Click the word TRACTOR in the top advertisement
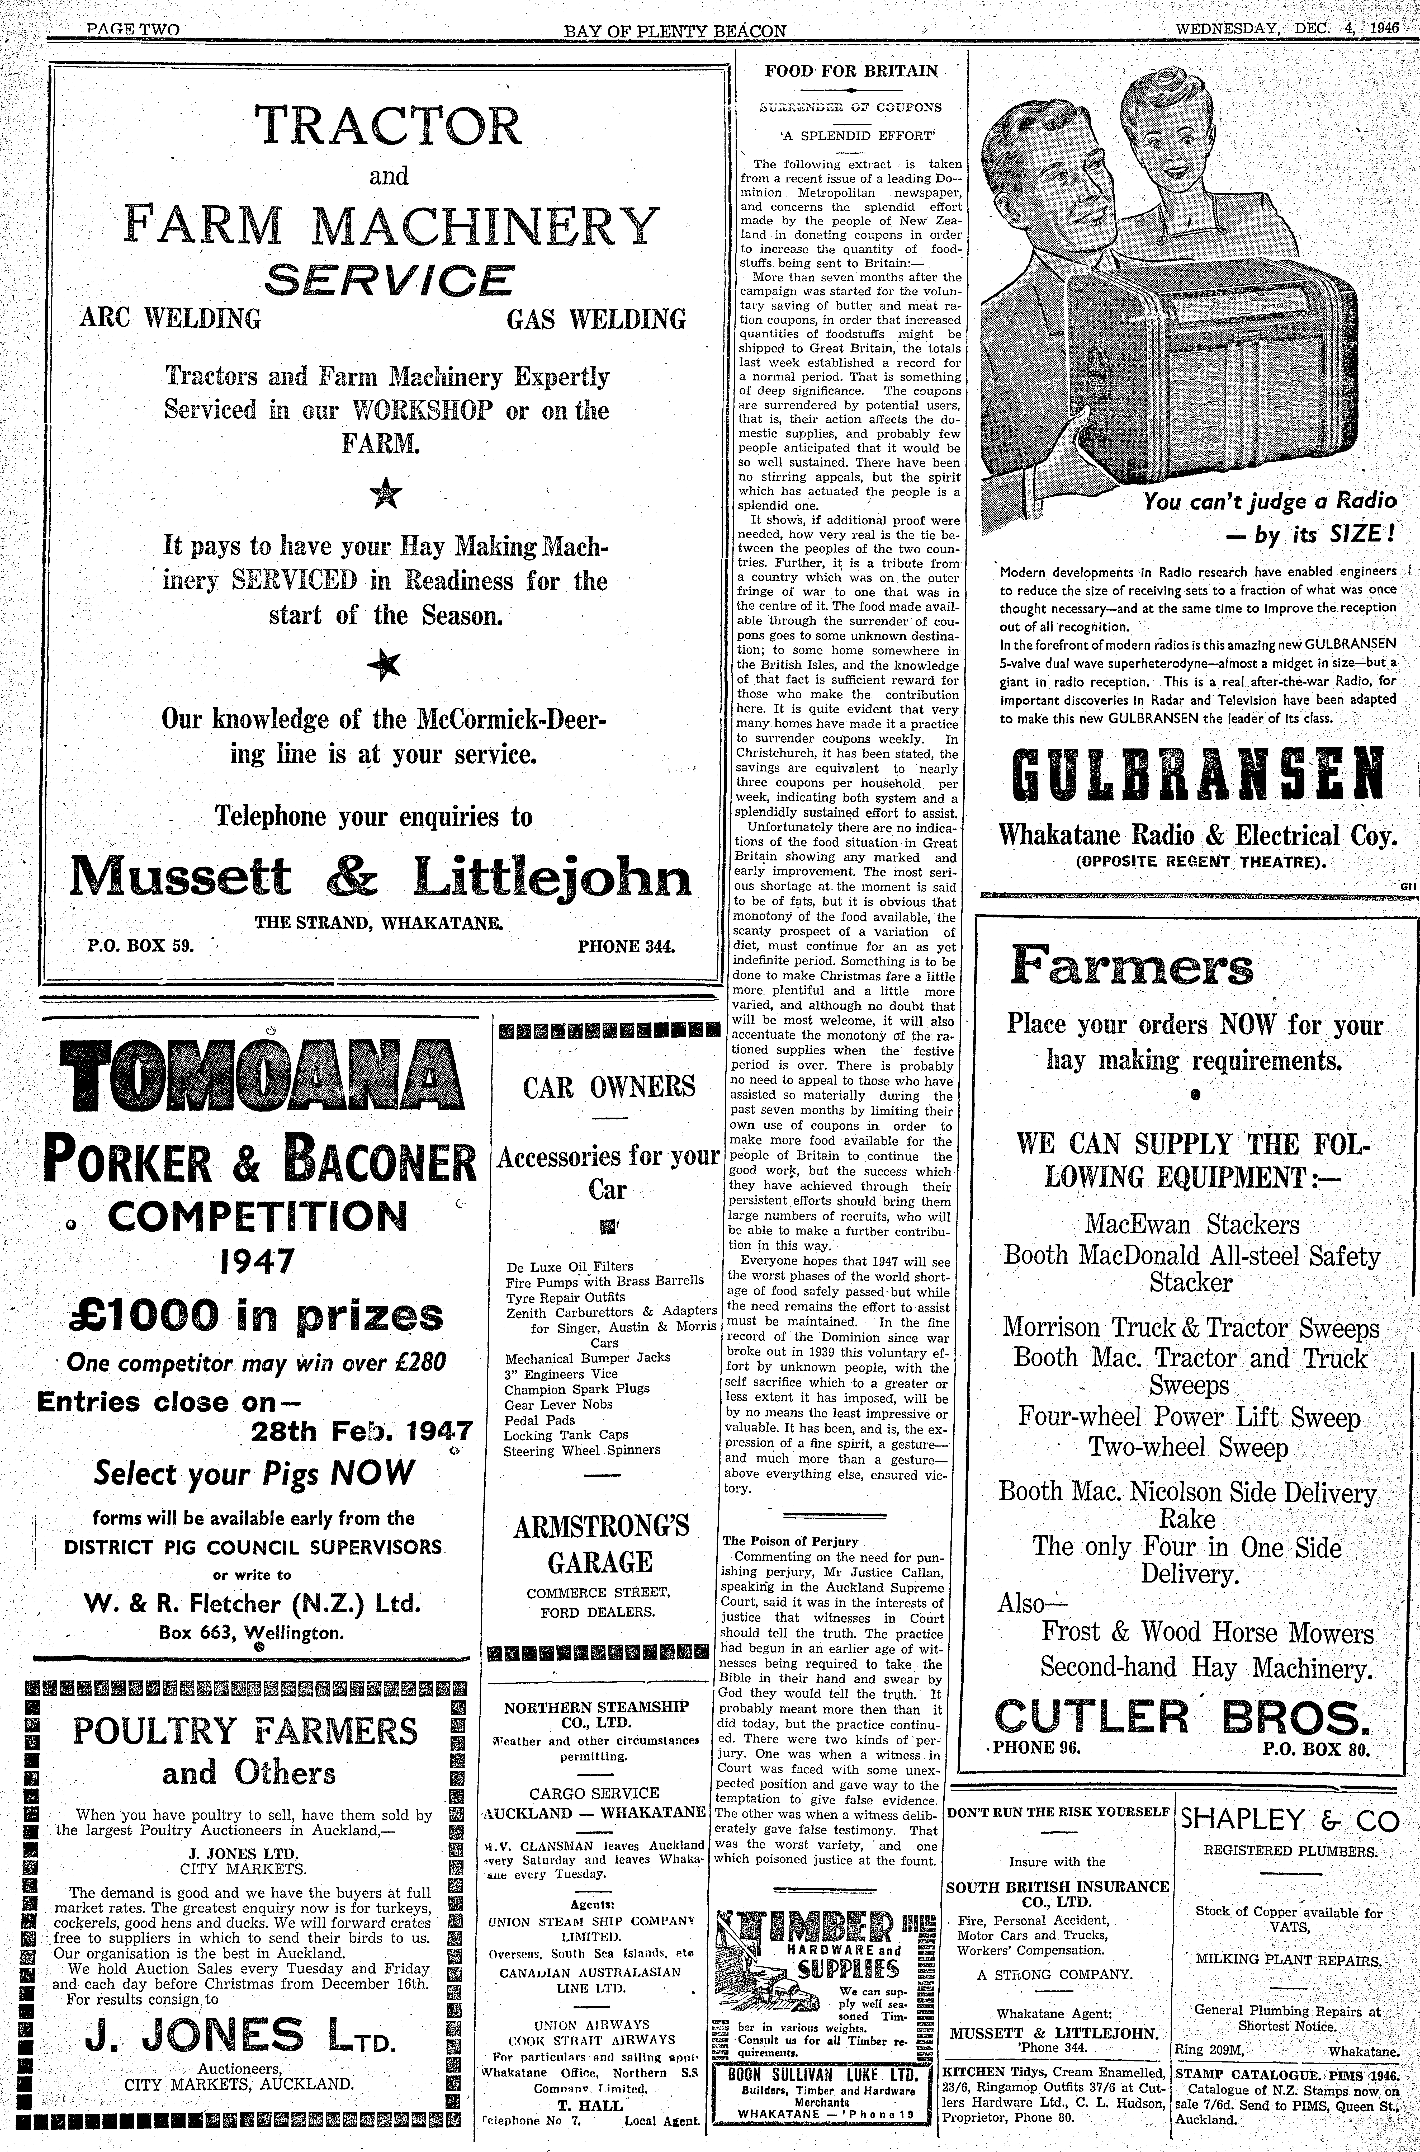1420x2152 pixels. pos(389,126)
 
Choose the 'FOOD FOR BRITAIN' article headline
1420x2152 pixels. pos(850,71)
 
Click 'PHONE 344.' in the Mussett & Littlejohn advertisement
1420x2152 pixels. pos(626,946)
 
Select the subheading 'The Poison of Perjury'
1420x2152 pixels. pos(790,1541)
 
